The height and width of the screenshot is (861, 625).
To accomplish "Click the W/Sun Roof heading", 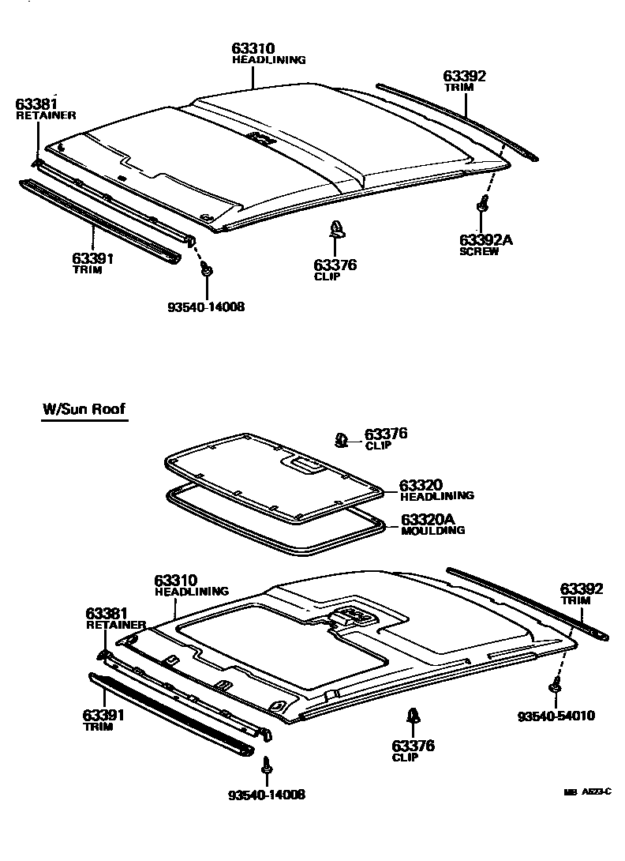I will point(84,410).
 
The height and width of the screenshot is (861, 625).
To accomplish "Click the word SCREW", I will point(479,252).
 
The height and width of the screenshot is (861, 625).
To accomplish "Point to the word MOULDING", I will point(432,531).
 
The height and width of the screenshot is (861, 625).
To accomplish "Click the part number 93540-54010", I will point(556,716).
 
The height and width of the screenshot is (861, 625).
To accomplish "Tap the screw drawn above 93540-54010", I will point(556,685).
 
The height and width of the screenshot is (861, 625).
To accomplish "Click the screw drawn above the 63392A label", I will point(481,205).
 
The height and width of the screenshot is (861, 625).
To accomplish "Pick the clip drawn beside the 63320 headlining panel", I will point(342,439).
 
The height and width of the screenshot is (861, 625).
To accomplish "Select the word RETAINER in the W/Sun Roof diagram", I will point(115,625).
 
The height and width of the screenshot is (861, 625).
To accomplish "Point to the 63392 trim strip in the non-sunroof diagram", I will point(458,118).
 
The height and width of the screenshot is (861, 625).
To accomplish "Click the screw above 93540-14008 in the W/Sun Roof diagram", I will point(267,765).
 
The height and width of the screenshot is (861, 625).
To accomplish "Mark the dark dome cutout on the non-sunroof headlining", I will point(257,137).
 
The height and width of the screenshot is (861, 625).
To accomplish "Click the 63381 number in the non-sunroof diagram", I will point(36,104).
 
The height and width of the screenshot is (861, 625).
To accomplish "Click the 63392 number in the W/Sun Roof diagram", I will point(582,588).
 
